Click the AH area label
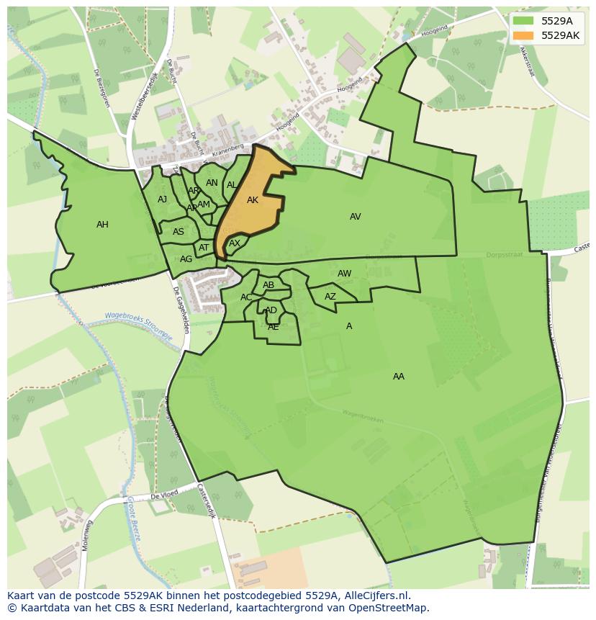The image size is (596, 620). click(x=102, y=225)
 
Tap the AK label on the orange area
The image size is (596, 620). click(x=252, y=200)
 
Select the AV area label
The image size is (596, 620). click(x=355, y=217)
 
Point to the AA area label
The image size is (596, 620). click(x=398, y=377)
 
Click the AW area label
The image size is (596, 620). click(x=344, y=274)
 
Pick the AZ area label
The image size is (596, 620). click(x=330, y=297)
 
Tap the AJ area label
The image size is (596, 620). click(x=162, y=199)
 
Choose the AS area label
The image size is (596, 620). click(x=178, y=232)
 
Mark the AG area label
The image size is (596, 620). click(x=186, y=259)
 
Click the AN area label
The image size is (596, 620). click(x=212, y=183)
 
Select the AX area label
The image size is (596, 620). click(x=234, y=243)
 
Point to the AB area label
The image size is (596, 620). click(x=268, y=285)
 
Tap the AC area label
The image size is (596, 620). click(x=246, y=297)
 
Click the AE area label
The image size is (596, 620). click(x=273, y=327)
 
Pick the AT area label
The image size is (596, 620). click(x=204, y=248)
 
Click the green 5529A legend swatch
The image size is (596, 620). click(x=523, y=21)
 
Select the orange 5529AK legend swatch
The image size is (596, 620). click(x=523, y=35)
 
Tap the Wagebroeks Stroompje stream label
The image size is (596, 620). click(x=138, y=319)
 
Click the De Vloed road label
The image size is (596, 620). click(x=163, y=496)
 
